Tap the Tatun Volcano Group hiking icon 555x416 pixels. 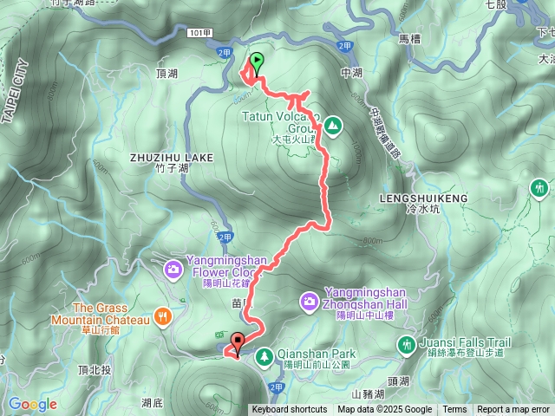[x=333, y=127]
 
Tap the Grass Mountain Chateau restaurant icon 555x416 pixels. [x=161, y=317]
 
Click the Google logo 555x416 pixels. [x=33, y=404]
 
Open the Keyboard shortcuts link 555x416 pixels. [x=290, y=410]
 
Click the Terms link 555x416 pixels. [x=454, y=410]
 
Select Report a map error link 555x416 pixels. [x=513, y=410]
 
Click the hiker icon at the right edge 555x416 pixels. [x=540, y=187]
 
